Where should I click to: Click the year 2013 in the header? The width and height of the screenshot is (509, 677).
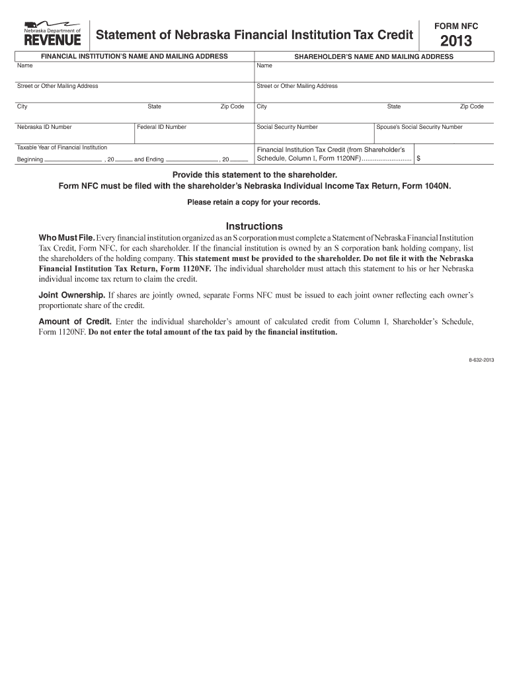click(x=456, y=42)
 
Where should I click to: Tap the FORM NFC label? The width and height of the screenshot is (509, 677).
click(x=456, y=26)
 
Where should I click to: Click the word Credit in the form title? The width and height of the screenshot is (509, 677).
click(x=393, y=34)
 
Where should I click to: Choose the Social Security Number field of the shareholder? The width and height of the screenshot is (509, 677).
click(x=313, y=135)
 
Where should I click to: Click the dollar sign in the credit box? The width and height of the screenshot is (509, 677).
click(x=418, y=159)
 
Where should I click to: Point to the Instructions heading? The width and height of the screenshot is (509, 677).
click(x=255, y=226)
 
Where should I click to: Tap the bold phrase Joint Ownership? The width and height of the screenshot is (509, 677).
click(x=71, y=294)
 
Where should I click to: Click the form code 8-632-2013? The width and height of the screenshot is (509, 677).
click(x=481, y=360)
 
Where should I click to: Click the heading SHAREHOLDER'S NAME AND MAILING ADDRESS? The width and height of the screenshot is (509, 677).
click(x=373, y=57)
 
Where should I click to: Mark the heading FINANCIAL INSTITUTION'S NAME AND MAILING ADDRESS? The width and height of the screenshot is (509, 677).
click(x=135, y=57)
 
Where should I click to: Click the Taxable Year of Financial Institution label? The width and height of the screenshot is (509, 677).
click(x=62, y=147)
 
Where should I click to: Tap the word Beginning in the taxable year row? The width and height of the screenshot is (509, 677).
click(x=30, y=160)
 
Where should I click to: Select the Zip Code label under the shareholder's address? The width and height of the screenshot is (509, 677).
click(x=472, y=106)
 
